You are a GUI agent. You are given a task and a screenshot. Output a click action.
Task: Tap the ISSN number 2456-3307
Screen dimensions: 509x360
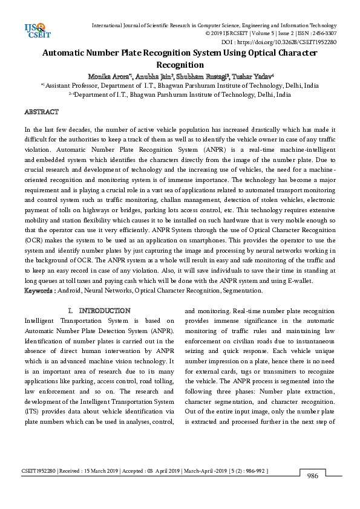point(323,34)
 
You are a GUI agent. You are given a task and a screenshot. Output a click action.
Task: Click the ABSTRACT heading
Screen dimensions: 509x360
point(41,112)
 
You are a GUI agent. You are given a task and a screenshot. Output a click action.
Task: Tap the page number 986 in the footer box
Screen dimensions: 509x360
point(313,475)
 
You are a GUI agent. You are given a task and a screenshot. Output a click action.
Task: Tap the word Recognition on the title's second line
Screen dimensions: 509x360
point(180,65)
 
